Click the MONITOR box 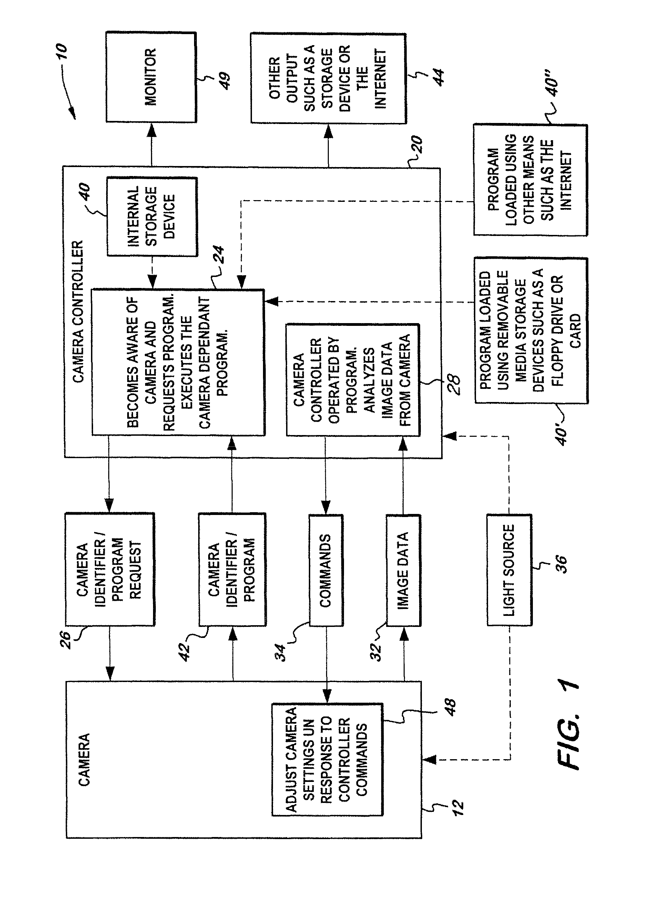pos(151,77)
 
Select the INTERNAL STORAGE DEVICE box pos(152,216)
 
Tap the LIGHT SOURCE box pos(509,570)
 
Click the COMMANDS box pos(326,570)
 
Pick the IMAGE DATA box pos(403,570)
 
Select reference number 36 pos(561,565)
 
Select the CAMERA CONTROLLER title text pos(78,312)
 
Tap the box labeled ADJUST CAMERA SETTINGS pos(327,759)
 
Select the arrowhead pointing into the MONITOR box pos(151,130)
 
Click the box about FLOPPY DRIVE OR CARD pos(531,331)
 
